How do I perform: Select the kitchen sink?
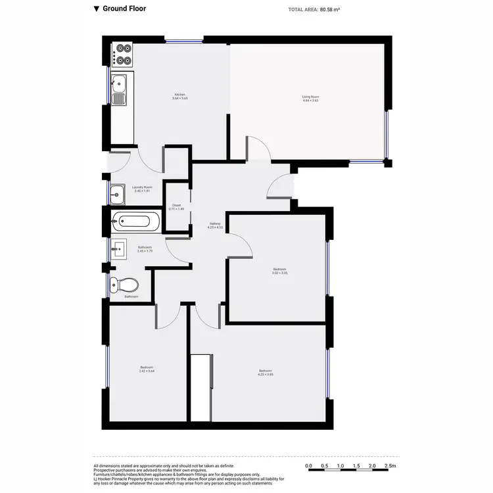click(119, 90)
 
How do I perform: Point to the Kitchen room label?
click(180, 97)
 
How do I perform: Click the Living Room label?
click(310, 99)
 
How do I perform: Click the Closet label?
click(177, 206)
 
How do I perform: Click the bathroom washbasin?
click(118, 248)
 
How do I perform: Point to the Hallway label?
click(215, 225)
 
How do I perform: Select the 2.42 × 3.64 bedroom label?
click(147, 369)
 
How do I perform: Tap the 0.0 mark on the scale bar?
click(309, 466)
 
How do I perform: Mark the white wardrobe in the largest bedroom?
click(200, 387)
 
